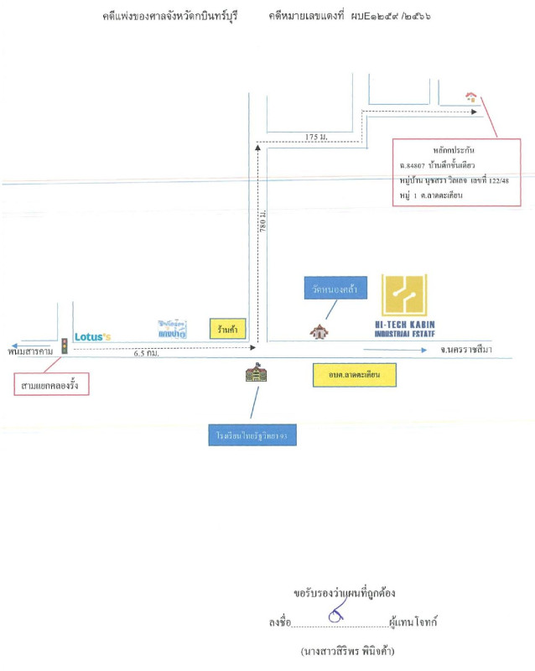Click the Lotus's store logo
[x=92, y=336]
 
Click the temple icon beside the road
[x=319, y=331]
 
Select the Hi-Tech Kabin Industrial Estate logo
[x=405, y=305]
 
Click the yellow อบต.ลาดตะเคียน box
[x=353, y=375]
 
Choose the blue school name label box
[x=252, y=436]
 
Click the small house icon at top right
[x=471, y=97]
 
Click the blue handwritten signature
[x=337, y=618]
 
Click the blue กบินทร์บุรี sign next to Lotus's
[x=171, y=328]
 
